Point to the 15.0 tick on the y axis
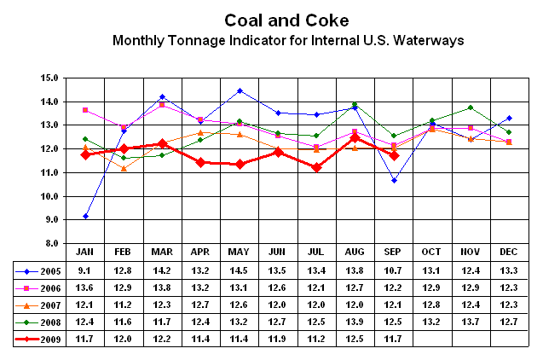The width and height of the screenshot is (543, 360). tap(49, 78)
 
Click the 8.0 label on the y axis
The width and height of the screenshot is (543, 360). tap(50, 244)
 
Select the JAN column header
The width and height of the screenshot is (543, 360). tap(85, 252)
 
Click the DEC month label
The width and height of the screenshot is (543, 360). tap(508, 252)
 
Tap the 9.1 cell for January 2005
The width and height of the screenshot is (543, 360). tap(85, 271)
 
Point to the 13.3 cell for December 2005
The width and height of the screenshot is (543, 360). tap(508, 271)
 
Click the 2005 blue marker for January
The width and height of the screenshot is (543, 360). tap(85, 217)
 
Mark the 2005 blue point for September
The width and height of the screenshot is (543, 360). tap(393, 180)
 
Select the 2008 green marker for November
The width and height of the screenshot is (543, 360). tap(470, 107)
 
